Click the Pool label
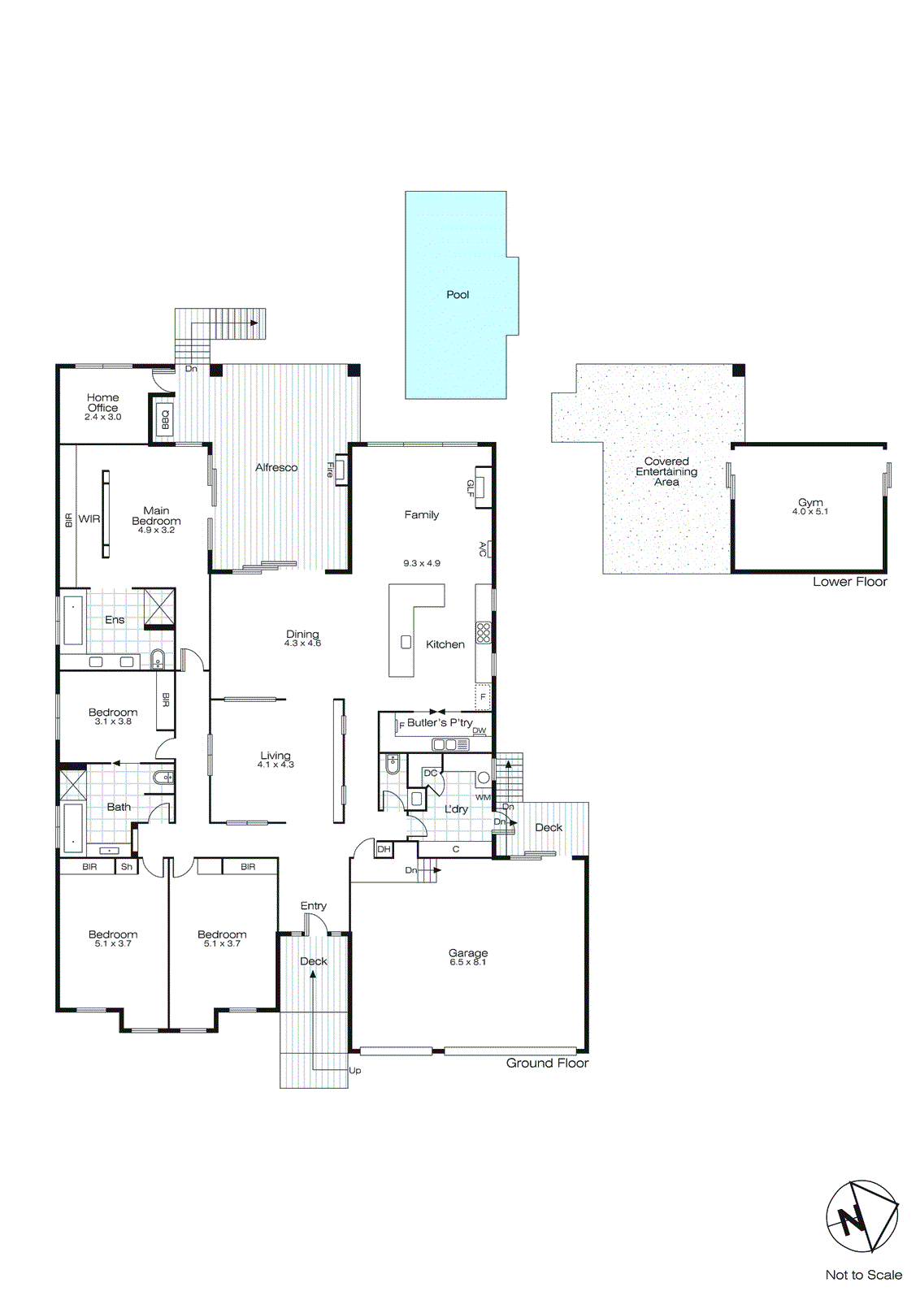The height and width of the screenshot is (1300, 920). [x=458, y=295]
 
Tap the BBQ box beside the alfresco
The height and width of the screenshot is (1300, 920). [x=164, y=419]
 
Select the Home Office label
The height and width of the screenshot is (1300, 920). [x=102, y=402]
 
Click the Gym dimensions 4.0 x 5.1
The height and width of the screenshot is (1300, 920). [x=809, y=512]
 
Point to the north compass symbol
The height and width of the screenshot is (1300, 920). [x=861, y=1216]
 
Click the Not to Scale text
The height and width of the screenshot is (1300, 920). [x=863, y=1275]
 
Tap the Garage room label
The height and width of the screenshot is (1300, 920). [x=468, y=952]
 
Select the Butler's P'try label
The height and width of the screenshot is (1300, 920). [x=440, y=722]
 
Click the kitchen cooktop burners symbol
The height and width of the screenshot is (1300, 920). [x=483, y=633]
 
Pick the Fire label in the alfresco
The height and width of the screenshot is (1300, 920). [x=330, y=469]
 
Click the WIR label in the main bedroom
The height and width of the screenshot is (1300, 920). [x=89, y=518]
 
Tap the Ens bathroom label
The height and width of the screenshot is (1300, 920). [x=115, y=619]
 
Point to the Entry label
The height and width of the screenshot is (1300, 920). [x=313, y=905]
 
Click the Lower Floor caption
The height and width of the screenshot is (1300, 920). [x=849, y=582]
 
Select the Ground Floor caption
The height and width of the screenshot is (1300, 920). [x=547, y=1063]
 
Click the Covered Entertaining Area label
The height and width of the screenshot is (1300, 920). [x=666, y=471]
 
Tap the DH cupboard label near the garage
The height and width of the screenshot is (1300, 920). [x=384, y=849]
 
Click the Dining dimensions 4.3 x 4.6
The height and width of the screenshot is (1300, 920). [x=302, y=643]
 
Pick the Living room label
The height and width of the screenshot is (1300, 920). [x=275, y=755]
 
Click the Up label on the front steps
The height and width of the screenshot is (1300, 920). [x=355, y=1070]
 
